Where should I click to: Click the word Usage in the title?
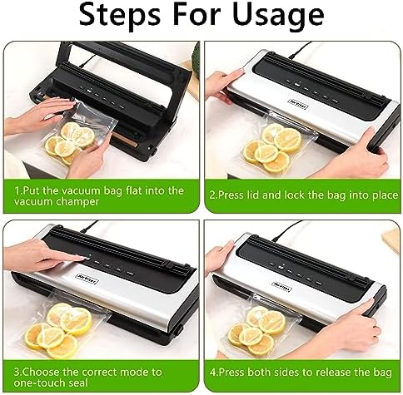[x=278, y=15]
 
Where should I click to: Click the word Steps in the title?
[x=120, y=13]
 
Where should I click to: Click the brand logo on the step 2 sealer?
[x=299, y=105]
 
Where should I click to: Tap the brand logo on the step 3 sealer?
[x=87, y=278]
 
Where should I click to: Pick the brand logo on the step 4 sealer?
[x=281, y=286]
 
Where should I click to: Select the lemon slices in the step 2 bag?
[x=272, y=148]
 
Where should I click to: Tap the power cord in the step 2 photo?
[x=300, y=50]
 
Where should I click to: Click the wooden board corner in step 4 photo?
[x=392, y=240]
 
